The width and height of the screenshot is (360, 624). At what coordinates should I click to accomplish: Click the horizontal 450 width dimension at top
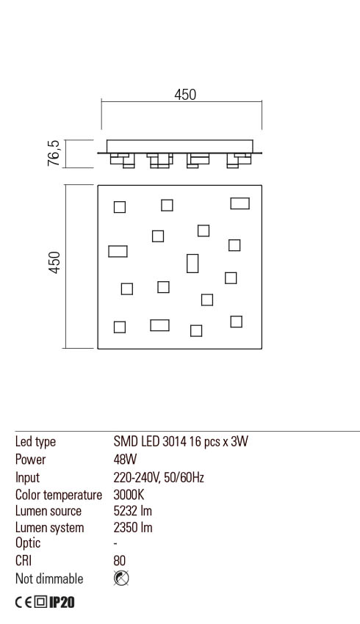[x=185, y=95]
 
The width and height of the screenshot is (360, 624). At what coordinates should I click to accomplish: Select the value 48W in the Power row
[x=125, y=460]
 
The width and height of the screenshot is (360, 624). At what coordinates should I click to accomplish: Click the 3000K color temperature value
[x=129, y=494]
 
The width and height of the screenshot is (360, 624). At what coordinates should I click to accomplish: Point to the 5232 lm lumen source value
[x=133, y=511]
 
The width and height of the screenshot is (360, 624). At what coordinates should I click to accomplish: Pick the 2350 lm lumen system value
[x=133, y=528]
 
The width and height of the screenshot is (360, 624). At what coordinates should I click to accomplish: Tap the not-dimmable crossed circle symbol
[x=122, y=578]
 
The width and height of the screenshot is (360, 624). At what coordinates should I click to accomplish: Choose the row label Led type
[x=35, y=442]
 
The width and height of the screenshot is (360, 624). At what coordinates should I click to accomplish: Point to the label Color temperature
[x=59, y=494]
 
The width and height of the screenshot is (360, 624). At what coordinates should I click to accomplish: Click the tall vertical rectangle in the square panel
[x=192, y=263]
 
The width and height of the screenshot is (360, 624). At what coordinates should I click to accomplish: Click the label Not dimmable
[x=49, y=578]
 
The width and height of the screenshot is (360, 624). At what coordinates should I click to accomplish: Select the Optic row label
[x=28, y=543]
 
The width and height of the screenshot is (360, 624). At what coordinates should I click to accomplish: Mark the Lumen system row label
[x=50, y=528]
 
